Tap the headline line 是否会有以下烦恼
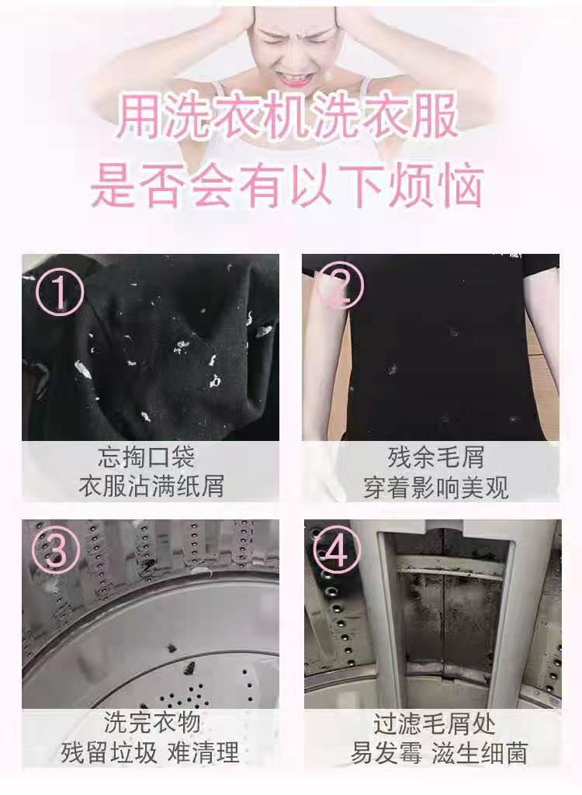click(288, 187)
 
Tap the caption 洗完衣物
click(151, 721)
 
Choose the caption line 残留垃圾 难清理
click(151, 752)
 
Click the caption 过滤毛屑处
click(435, 723)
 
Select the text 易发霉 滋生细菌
click(435, 753)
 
